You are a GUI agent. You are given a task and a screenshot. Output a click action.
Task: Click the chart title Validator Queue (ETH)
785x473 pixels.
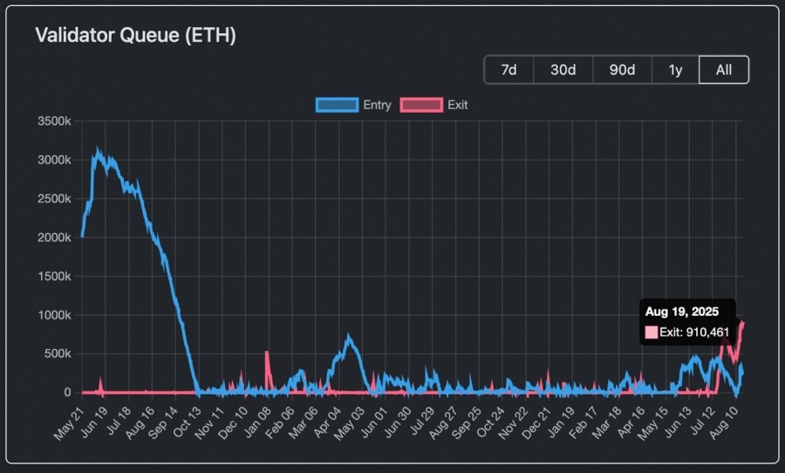click(x=135, y=36)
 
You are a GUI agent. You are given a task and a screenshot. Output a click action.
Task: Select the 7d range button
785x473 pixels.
click(x=509, y=70)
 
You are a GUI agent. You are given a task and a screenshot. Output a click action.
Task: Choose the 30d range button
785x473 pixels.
click(x=563, y=70)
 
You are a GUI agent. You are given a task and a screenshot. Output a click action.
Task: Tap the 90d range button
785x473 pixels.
click(x=622, y=70)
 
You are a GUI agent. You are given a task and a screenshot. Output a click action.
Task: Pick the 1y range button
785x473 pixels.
click(x=675, y=70)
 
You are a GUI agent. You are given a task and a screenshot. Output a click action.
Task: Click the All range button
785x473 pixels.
click(x=723, y=70)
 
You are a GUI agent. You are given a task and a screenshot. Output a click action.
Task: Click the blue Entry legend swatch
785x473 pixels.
click(x=338, y=105)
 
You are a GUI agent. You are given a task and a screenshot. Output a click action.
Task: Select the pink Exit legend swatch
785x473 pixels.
click(x=420, y=105)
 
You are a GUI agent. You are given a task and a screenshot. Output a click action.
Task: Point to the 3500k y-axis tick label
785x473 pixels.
click(x=54, y=121)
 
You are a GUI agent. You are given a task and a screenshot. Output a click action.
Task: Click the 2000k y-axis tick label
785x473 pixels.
click(x=54, y=237)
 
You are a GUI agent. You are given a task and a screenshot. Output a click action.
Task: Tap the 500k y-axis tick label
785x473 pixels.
click(x=58, y=353)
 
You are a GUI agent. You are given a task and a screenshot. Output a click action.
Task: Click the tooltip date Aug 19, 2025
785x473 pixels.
click(x=681, y=312)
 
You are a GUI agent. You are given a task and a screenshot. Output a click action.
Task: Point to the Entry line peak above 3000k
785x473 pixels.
click(x=98, y=151)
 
